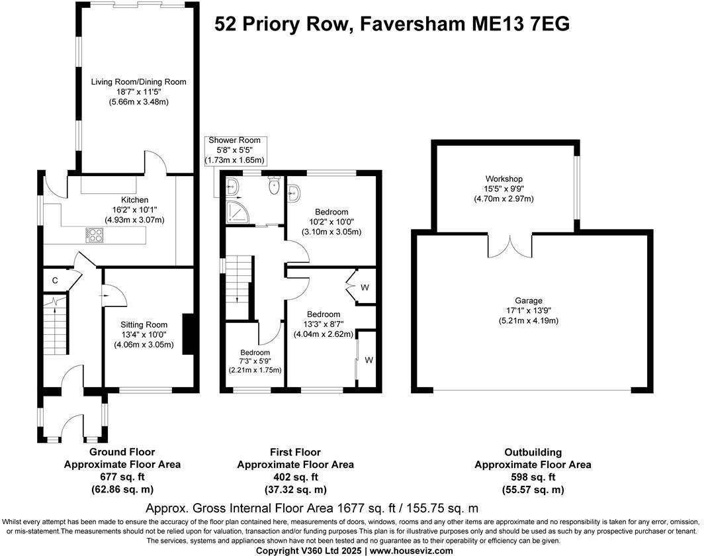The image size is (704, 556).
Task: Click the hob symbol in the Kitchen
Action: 95,234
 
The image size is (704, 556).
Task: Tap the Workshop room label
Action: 504,179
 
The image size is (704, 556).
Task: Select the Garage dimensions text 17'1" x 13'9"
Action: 529,310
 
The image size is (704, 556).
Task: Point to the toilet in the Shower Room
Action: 273,187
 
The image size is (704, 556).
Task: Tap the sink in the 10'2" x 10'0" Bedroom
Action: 294,192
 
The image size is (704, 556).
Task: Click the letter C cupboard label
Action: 55,281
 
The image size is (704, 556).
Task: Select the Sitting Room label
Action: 144,324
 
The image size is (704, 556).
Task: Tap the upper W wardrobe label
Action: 365,287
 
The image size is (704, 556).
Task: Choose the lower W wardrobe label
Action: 368,359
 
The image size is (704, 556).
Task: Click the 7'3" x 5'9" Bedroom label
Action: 255,352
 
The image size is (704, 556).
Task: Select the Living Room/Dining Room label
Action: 139,82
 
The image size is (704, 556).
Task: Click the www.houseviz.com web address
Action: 412,551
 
